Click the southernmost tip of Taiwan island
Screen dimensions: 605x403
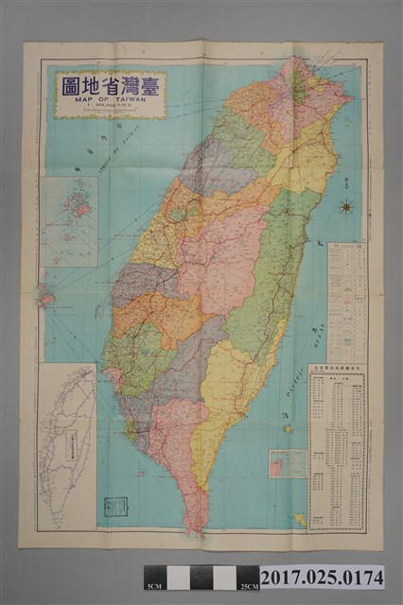pos(199,529)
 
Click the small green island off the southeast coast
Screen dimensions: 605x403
pos(287,428)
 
